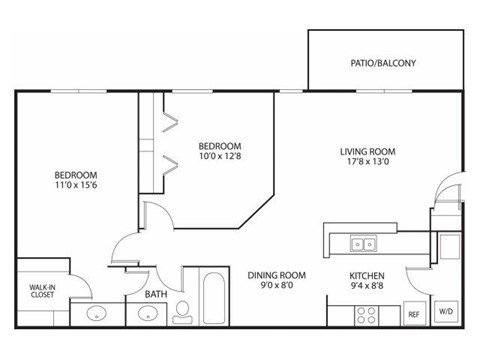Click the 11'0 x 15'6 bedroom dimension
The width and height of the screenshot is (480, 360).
(x=76, y=184)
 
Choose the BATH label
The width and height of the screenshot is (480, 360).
(x=155, y=295)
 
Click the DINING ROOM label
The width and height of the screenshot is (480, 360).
(x=277, y=275)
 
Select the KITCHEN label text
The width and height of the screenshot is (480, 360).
(x=367, y=275)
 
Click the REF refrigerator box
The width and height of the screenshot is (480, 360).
(x=413, y=313)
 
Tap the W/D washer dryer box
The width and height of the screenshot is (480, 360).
(x=446, y=311)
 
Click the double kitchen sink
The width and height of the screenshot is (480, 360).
(x=362, y=244)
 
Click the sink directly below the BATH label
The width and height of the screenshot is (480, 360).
(x=148, y=314)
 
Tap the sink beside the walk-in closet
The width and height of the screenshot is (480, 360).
(x=95, y=314)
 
